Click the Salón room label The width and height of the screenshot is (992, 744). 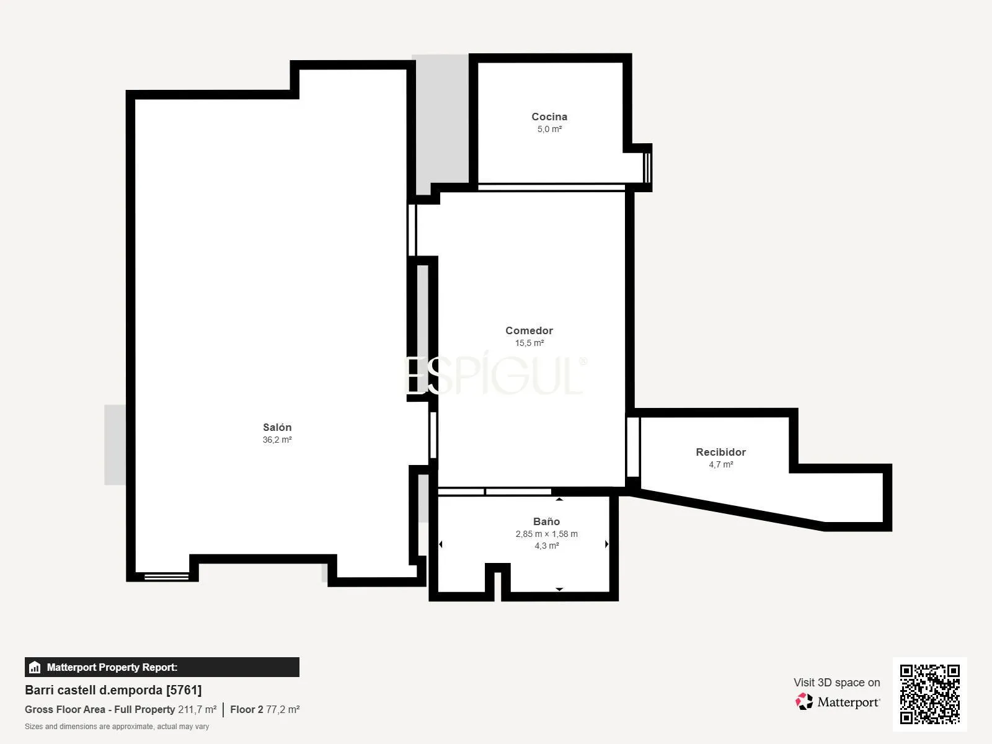tap(277, 427)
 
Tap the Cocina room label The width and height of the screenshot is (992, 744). tap(549, 117)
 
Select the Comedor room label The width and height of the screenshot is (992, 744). tap(529, 330)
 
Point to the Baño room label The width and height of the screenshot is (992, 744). tap(546, 521)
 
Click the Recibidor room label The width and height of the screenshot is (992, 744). tap(720, 452)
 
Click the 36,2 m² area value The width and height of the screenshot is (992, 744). tap(277, 440)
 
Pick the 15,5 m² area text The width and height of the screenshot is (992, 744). tap(529, 343)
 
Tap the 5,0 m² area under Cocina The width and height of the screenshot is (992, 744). tap(549, 129)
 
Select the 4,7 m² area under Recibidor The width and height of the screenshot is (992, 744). tap(721, 464)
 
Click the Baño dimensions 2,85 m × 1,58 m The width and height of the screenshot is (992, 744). tap(546, 534)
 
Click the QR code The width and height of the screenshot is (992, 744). tap(929, 694)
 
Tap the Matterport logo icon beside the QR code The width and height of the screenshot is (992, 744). tap(804, 702)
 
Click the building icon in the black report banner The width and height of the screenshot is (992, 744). tap(35, 667)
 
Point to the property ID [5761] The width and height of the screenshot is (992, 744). tap(184, 690)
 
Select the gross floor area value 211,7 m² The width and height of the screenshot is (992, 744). tap(197, 709)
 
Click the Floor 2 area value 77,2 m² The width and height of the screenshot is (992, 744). tap(283, 709)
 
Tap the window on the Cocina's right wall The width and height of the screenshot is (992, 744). tap(647, 167)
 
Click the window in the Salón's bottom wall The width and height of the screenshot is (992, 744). tap(166, 577)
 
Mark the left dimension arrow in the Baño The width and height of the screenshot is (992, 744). tap(441, 544)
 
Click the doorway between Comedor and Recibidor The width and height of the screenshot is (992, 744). tap(633, 446)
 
